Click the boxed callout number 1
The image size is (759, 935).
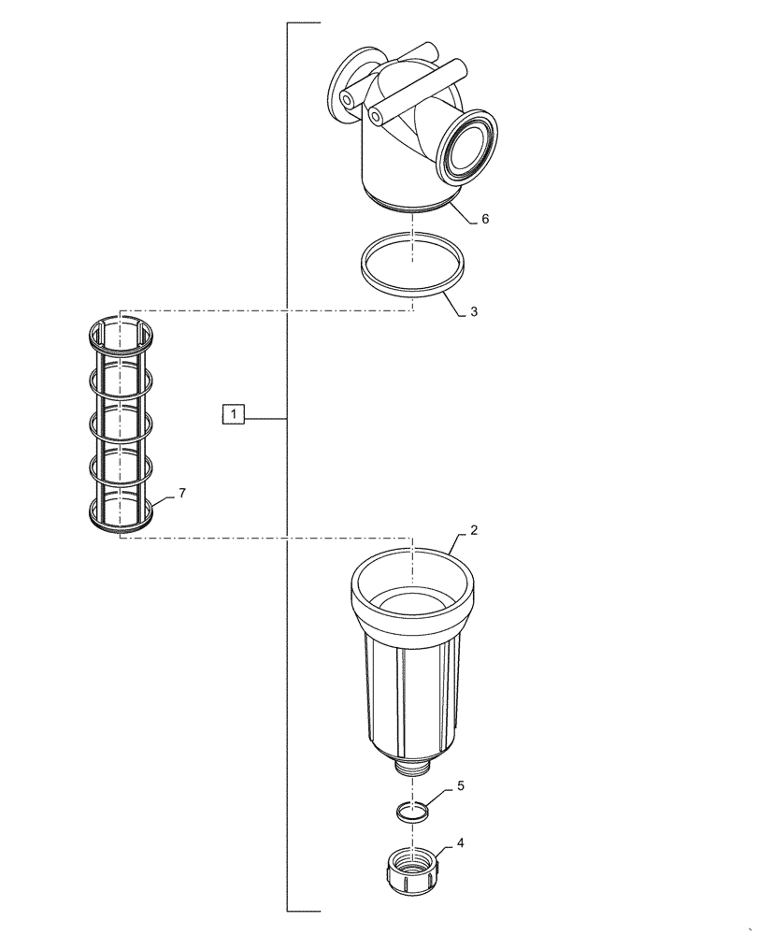click(x=233, y=413)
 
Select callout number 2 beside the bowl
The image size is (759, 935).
click(x=474, y=530)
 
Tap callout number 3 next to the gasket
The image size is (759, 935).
click(x=474, y=312)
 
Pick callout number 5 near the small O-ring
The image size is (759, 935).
click(x=460, y=787)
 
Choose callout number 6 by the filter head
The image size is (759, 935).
click(x=485, y=219)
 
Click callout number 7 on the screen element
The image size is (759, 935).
click(x=182, y=493)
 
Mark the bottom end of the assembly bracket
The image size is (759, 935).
click(x=304, y=910)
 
